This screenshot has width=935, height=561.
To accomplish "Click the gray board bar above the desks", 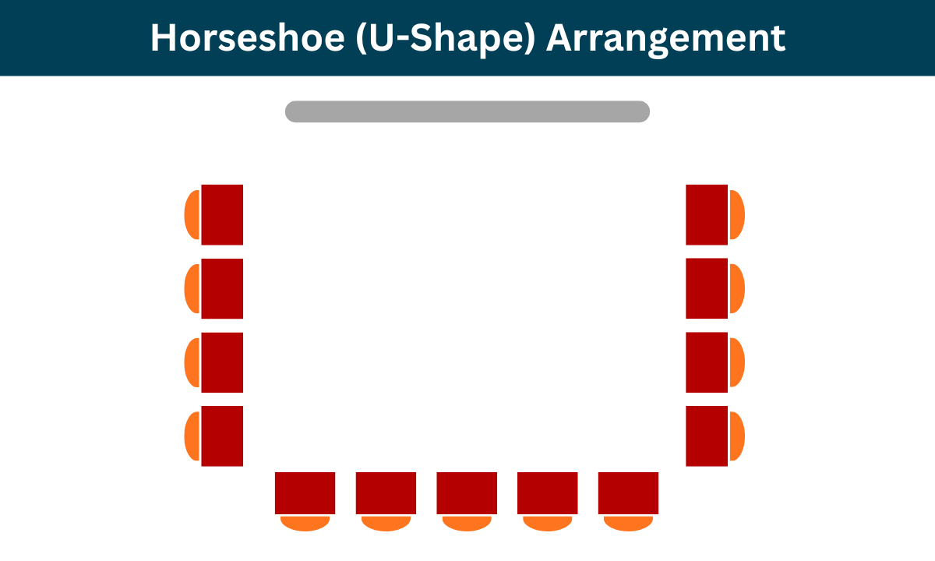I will click(x=467, y=111).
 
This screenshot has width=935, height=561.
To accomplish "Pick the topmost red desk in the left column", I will click(x=222, y=215).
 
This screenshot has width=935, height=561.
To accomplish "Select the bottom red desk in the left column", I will click(x=222, y=436).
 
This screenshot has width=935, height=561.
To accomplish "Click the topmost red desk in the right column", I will click(x=707, y=215).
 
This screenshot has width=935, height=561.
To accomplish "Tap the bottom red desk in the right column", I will click(x=707, y=436).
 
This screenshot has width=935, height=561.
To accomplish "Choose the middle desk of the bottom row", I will click(x=467, y=493).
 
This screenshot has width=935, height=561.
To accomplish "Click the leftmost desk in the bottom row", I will click(x=305, y=493).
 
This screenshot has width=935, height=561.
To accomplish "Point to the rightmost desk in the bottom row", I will click(x=628, y=493).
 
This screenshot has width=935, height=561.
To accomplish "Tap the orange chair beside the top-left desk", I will click(x=192, y=215).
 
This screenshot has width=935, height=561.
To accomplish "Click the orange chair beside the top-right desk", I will click(x=737, y=215).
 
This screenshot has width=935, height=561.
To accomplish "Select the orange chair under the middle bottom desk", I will click(x=467, y=523).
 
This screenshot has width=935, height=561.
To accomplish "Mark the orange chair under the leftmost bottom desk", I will click(x=305, y=523).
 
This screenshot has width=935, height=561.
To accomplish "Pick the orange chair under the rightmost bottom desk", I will click(x=628, y=523).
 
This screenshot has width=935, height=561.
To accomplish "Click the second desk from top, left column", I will click(x=222, y=289).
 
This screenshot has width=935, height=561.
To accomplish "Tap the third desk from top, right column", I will click(x=707, y=362).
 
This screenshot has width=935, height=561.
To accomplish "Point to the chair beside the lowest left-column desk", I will click(x=192, y=436).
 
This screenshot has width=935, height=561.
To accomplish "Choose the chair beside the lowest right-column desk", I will click(x=737, y=436).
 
